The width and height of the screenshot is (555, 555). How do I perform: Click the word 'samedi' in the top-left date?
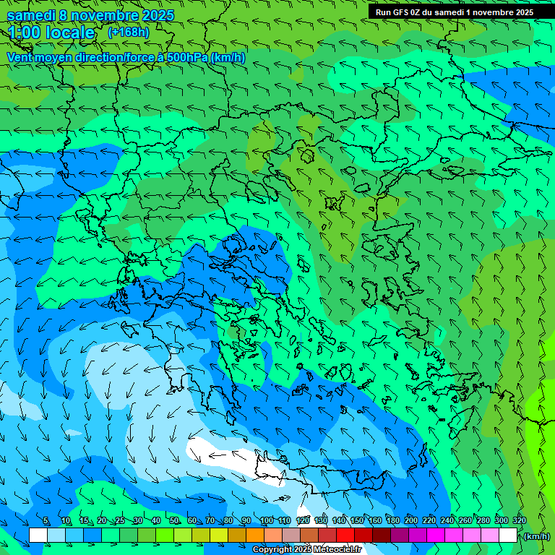[x=32, y=15]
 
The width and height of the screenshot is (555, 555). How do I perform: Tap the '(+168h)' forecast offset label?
[x=128, y=32]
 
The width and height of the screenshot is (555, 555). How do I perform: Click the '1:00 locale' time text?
[x=51, y=33]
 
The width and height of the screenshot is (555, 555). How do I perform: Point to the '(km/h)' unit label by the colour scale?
[x=535, y=536]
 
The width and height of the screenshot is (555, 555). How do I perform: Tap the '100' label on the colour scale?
[x=267, y=520]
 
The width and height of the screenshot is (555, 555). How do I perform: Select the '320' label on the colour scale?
[x=519, y=520]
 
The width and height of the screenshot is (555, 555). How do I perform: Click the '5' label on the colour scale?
[x=46, y=520]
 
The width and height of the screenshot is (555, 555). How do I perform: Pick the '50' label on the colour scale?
[x=174, y=520]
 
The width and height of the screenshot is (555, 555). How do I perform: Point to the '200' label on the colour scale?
[x=410, y=520]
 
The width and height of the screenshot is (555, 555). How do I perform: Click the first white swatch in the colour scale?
[x=38, y=535]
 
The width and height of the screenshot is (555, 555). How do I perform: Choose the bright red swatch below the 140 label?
[x=345, y=535]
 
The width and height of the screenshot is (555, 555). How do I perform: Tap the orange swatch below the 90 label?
[x=255, y=535]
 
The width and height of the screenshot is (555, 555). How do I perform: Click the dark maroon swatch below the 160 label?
[x=382, y=535]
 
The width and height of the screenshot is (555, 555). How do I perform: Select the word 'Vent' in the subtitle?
[x=20, y=57]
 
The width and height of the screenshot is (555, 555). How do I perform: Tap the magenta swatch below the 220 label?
[x=436, y=535]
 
